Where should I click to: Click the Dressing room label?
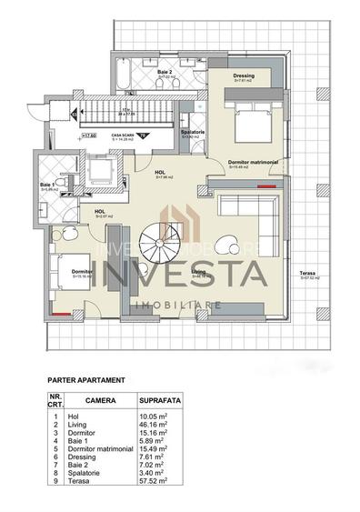(x=243, y=76)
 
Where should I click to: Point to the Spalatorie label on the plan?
(x=192, y=132)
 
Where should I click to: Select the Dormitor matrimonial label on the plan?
(x=245, y=161)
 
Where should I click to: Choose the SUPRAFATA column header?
(x=158, y=399)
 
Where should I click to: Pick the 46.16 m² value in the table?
(x=155, y=424)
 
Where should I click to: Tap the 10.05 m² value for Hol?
(x=155, y=416)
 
